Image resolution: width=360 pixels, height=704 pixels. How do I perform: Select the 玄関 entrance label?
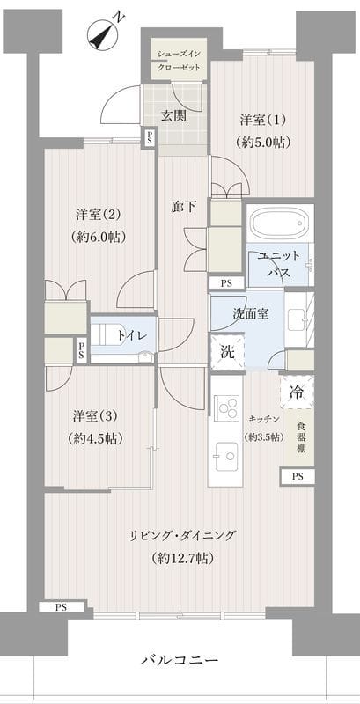pyautogui.click(x=173, y=116)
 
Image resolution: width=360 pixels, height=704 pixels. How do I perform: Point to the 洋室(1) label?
pyautogui.click(x=261, y=120)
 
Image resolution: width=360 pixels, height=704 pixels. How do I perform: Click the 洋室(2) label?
pyautogui.click(x=98, y=215)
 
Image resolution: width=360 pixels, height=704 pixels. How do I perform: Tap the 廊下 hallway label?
pyautogui.click(x=184, y=207)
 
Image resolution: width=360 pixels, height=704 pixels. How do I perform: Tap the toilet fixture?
pyautogui.click(x=114, y=335)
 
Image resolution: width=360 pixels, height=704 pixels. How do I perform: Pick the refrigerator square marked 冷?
pyautogui.click(x=298, y=392)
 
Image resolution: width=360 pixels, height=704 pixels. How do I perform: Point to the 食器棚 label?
pyautogui.click(x=301, y=437)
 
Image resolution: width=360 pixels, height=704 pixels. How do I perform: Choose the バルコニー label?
pyautogui.click(x=180, y=659)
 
